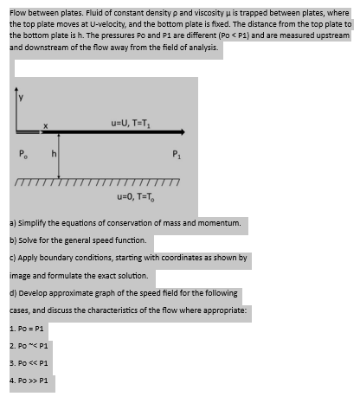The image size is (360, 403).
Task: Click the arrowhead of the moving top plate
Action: click(x=179, y=133)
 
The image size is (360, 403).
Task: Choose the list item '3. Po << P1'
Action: click(x=28, y=363)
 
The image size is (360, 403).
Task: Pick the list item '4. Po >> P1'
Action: click(x=28, y=381)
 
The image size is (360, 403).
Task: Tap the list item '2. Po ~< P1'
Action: click(x=28, y=347)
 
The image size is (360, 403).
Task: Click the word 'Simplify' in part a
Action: click(x=33, y=222)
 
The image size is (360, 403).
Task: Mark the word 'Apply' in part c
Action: click(x=29, y=257)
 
